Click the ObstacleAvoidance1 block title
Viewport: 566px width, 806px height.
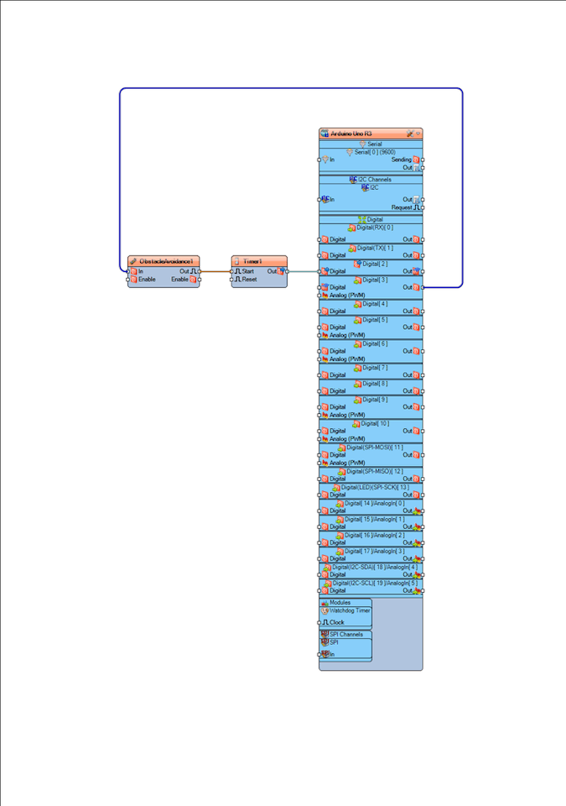pos(166,261)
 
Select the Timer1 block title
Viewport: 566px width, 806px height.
pos(252,261)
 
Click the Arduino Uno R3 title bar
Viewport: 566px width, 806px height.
pos(352,133)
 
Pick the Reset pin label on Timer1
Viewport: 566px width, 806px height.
pos(249,280)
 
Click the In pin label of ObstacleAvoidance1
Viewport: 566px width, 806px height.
pos(141,271)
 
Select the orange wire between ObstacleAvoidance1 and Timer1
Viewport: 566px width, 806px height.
pos(215,271)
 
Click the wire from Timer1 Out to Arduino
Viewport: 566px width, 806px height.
pos(303,271)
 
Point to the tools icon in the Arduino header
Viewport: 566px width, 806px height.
pos(409,133)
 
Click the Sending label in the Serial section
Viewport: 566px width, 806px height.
pos(401,160)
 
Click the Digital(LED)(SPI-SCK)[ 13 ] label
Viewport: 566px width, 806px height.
pos(372,487)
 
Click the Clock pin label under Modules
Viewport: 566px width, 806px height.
pos(335,622)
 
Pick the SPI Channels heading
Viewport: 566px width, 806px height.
pos(346,634)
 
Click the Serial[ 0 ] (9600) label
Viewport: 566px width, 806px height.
pos(375,152)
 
